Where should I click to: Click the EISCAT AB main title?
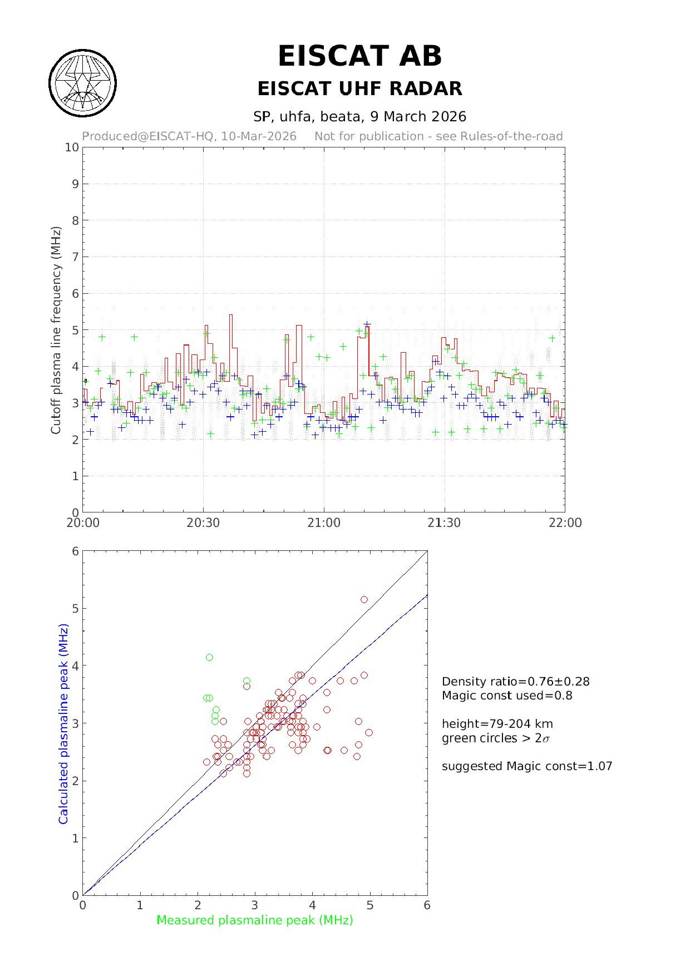(x=359, y=56)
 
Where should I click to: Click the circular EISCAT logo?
(x=83, y=83)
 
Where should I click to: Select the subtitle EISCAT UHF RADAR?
(x=359, y=88)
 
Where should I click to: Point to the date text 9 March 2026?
(x=418, y=116)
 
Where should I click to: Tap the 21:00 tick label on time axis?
(x=324, y=523)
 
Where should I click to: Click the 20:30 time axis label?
(x=203, y=523)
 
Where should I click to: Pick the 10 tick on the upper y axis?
(x=72, y=147)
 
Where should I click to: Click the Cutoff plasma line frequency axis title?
(x=56, y=330)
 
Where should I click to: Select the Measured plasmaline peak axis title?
(x=255, y=920)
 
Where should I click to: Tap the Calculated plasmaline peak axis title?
(x=63, y=723)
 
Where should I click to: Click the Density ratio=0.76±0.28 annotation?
(x=515, y=682)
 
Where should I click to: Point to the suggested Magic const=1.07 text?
(x=526, y=766)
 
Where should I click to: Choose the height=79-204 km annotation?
(x=497, y=724)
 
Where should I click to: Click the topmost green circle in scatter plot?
(x=209, y=658)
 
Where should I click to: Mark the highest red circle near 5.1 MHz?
(x=364, y=600)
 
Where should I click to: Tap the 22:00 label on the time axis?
(x=565, y=523)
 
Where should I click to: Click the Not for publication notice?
(x=438, y=136)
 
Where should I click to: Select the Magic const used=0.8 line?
(x=507, y=696)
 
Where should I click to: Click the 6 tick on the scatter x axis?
(x=427, y=905)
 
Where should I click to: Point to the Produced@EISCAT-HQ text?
(x=189, y=136)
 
